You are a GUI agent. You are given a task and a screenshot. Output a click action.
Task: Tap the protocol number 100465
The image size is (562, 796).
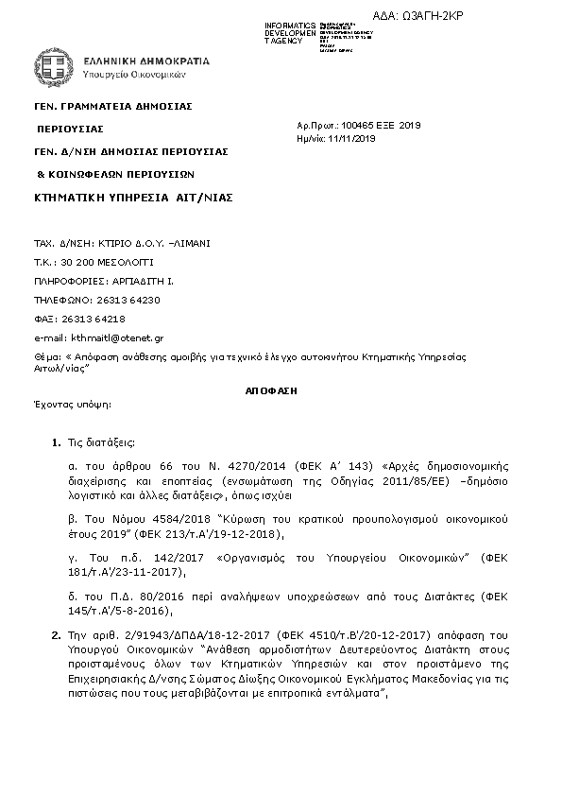tap(358, 125)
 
